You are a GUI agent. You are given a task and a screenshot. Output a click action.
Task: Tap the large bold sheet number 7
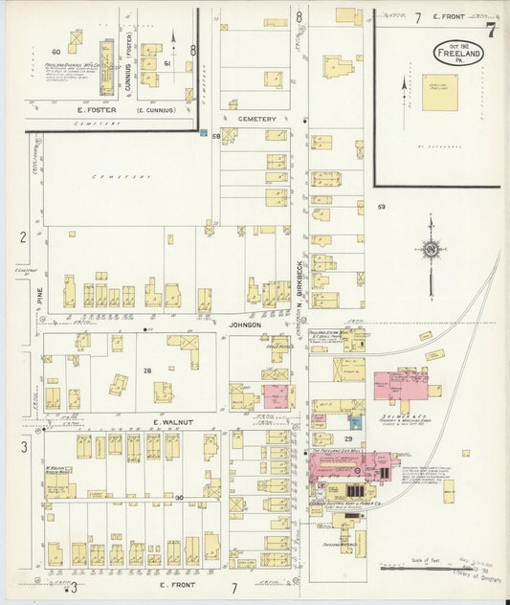(490, 29)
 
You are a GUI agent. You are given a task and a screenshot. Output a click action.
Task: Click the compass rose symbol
(431, 251)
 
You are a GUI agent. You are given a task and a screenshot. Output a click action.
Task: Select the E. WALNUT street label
(174, 421)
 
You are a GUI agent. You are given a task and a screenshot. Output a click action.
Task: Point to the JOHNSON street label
(245, 325)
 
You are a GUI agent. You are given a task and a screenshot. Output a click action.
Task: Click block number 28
(147, 370)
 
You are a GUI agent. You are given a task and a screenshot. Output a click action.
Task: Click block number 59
(381, 207)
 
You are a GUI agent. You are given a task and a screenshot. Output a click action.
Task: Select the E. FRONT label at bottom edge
(176, 584)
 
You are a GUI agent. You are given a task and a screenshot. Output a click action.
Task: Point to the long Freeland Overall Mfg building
(107, 67)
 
